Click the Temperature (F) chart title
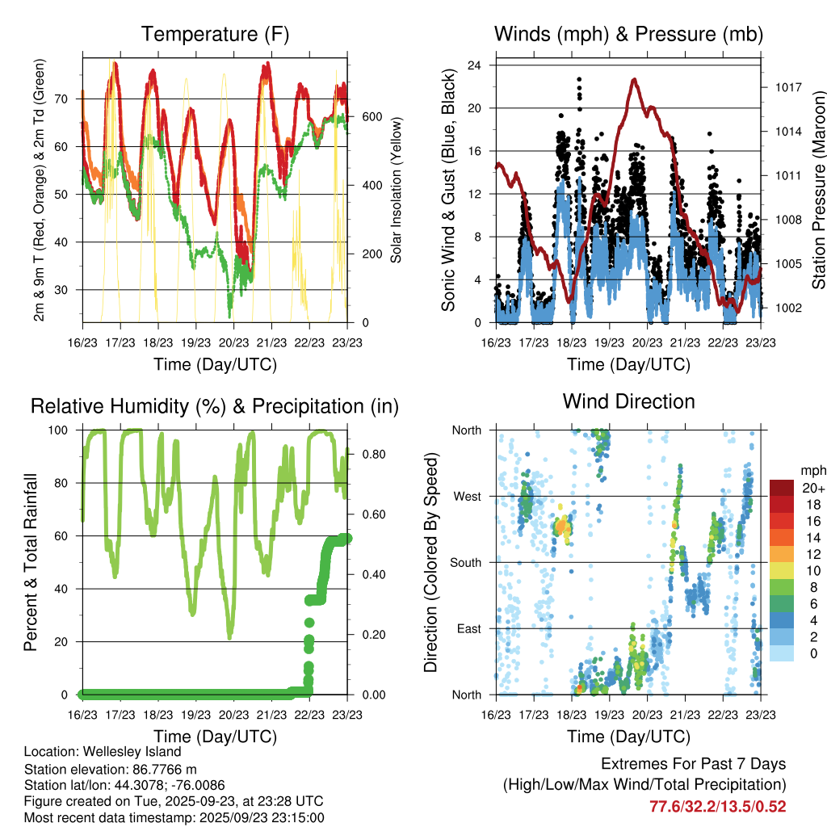[x=215, y=35]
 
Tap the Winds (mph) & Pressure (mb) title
[x=628, y=35]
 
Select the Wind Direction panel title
[x=628, y=401]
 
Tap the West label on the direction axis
[x=467, y=496]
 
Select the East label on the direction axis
[x=468, y=628]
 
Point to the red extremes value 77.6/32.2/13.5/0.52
[x=718, y=806]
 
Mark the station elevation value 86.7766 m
[x=165, y=769]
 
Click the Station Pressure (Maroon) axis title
[x=817, y=191]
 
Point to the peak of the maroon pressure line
[x=635, y=79]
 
